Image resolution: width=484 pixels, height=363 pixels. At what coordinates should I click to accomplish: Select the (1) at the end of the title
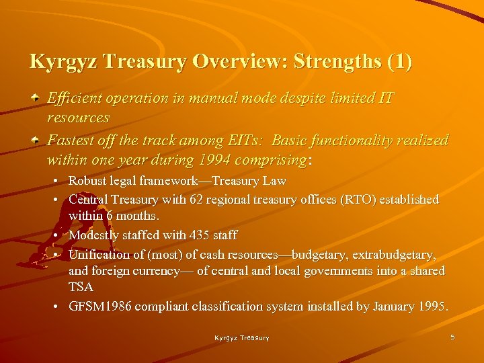tap(399, 62)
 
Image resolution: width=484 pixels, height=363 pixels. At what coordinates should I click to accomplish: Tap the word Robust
tap(88, 181)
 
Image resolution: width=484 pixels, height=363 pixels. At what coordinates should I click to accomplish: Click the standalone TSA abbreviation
tap(81, 287)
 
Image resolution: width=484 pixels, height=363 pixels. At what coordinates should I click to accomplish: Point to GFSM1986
tap(100, 307)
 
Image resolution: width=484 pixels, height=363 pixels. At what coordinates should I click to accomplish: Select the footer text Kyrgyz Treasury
tap(242, 338)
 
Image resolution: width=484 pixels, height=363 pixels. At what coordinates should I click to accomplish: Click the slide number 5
tap(452, 337)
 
